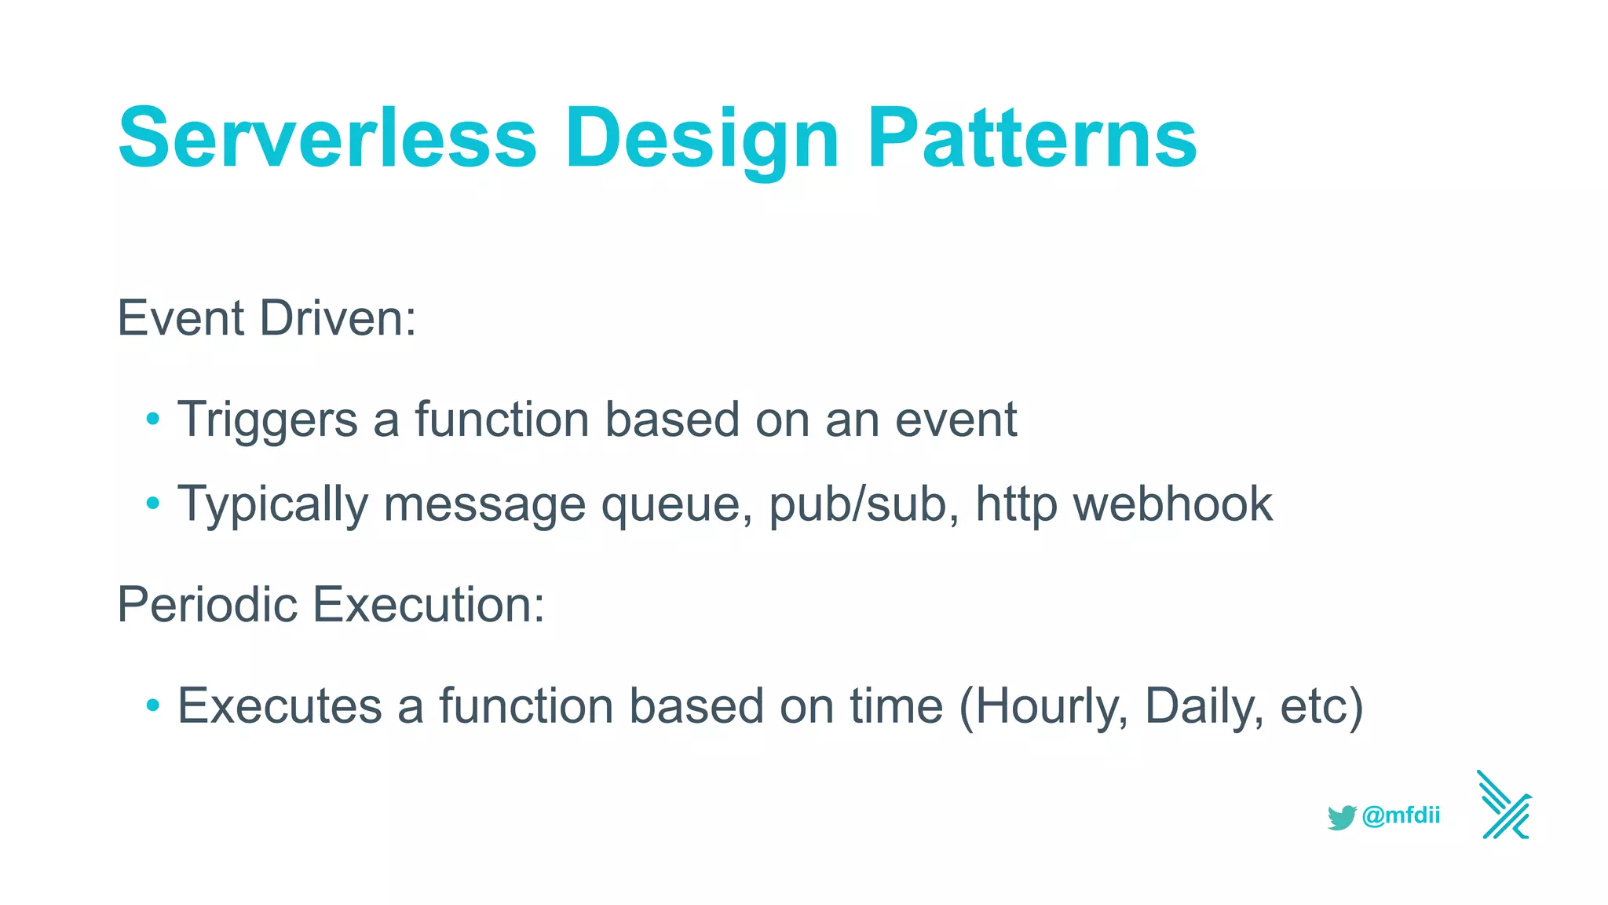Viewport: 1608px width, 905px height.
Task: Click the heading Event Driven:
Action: click(266, 318)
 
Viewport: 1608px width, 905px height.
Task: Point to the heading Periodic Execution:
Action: click(331, 605)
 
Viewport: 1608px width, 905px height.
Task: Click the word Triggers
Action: click(268, 420)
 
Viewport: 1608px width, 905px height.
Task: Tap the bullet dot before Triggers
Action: click(153, 419)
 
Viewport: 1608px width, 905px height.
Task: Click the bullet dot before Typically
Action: click(153, 503)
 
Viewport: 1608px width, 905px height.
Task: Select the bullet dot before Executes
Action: click(153, 705)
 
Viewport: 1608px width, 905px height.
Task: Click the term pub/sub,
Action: click(864, 504)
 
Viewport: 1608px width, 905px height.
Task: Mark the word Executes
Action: click(280, 705)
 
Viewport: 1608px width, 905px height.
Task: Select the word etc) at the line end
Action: click(1321, 706)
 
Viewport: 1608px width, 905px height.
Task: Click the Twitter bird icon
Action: click(1342, 817)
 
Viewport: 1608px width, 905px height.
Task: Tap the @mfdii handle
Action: click(1401, 815)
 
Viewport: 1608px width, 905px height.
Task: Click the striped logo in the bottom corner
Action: click(1504, 806)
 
